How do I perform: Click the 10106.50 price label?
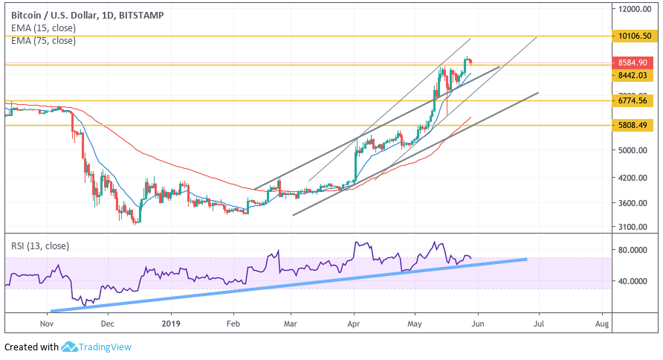pyautogui.click(x=634, y=36)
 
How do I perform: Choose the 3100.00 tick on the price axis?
pyautogui.click(x=632, y=227)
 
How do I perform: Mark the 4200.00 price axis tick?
pyautogui.click(x=632, y=179)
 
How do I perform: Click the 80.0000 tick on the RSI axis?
pyautogui.click(x=632, y=251)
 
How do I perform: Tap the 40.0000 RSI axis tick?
pyautogui.click(x=632, y=281)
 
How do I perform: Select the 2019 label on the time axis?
pyautogui.click(x=171, y=324)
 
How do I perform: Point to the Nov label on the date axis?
pyautogui.click(x=47, y=324)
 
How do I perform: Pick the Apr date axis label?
pyautogui.click(x=354, y=324)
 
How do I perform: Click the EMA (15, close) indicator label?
pyautogui.click(x=43, y=28)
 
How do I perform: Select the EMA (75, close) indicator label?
pyautogui.click(x=43, y=40)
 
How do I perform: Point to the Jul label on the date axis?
pyautogui.click(x=539, y=324)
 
